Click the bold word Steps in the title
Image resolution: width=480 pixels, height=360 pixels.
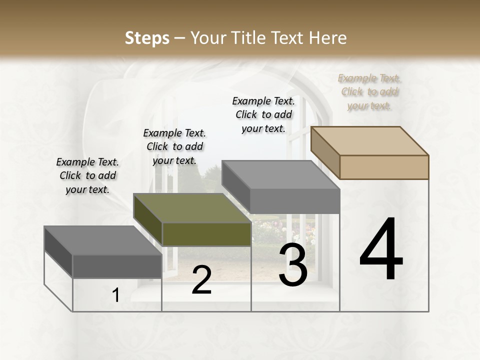(147, 38)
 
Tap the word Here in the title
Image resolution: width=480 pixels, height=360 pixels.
(328, 38)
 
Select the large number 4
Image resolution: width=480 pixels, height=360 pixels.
(381, 250)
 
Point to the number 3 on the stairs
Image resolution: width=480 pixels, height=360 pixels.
(293, 265)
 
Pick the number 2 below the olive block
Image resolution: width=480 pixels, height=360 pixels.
(201, 280)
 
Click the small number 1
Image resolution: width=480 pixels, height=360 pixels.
(116, 295)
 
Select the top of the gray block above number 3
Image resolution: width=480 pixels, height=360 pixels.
(280, 175)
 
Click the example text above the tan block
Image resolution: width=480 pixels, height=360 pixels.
(369, 92)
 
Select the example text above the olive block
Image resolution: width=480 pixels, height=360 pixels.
(174, 147)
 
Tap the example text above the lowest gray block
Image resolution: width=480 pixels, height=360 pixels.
(87, 176)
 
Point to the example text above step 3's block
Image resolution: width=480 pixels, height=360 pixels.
(263, 114)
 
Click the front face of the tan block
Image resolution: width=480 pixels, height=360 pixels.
(384, 167)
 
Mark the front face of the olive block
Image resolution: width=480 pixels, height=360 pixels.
(206, 234)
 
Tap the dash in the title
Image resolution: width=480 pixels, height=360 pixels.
(179, 38)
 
